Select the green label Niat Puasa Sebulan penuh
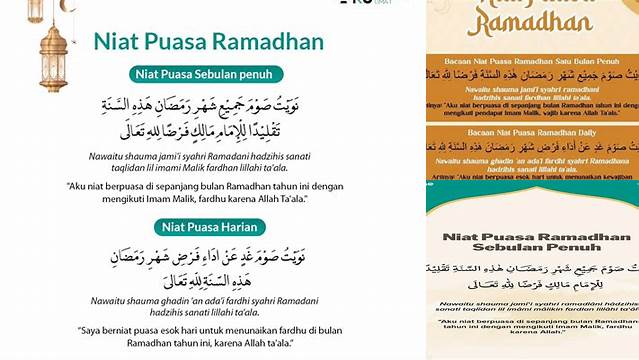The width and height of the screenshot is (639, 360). point(207,73)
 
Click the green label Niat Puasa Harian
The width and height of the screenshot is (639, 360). point(207,226)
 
